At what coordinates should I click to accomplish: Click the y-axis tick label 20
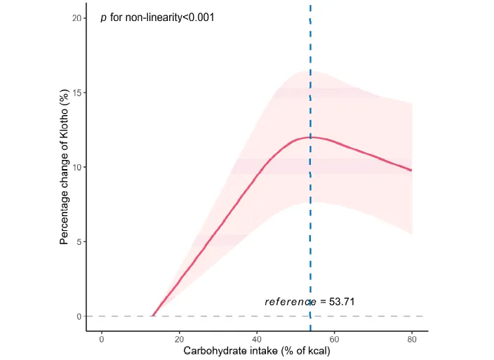point(76,18)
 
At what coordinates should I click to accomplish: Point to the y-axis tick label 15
point(76,93)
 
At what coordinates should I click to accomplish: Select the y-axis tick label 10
point(76,167)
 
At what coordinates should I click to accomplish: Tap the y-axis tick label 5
point(79,241)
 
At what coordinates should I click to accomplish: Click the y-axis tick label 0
point(79,316)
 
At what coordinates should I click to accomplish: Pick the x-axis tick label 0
point(102,340)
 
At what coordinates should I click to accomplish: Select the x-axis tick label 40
point(257,340)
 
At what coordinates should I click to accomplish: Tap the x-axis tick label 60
point(335,340)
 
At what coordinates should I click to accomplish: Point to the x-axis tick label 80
point(412,340)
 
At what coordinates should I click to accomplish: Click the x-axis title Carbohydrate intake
point(256,352)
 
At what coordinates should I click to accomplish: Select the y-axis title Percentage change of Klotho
point(65,167)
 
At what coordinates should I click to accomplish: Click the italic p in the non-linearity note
point(104,18)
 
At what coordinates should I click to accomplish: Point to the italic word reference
point(291,302)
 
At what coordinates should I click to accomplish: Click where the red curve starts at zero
point(152,316)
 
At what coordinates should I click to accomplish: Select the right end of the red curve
point(412,171)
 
